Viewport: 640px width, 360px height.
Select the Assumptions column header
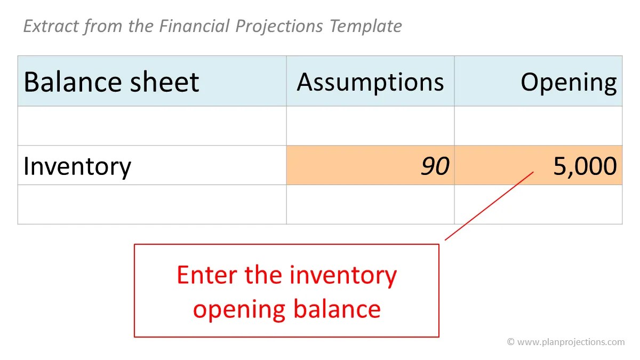coord(370,82)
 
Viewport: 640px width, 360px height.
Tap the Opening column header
coord(568,82)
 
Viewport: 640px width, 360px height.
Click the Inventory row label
coord(77,166)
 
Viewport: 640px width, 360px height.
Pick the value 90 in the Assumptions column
coord(435,166)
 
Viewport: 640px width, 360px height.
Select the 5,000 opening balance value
coord(585,166)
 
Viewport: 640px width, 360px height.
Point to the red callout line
coord(489,206)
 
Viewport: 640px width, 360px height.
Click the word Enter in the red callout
coord(207,275)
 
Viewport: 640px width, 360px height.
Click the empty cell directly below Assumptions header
coord(370,126)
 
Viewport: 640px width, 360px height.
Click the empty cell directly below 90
coord(370,204)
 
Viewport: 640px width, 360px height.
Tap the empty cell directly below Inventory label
coord(152,204)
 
